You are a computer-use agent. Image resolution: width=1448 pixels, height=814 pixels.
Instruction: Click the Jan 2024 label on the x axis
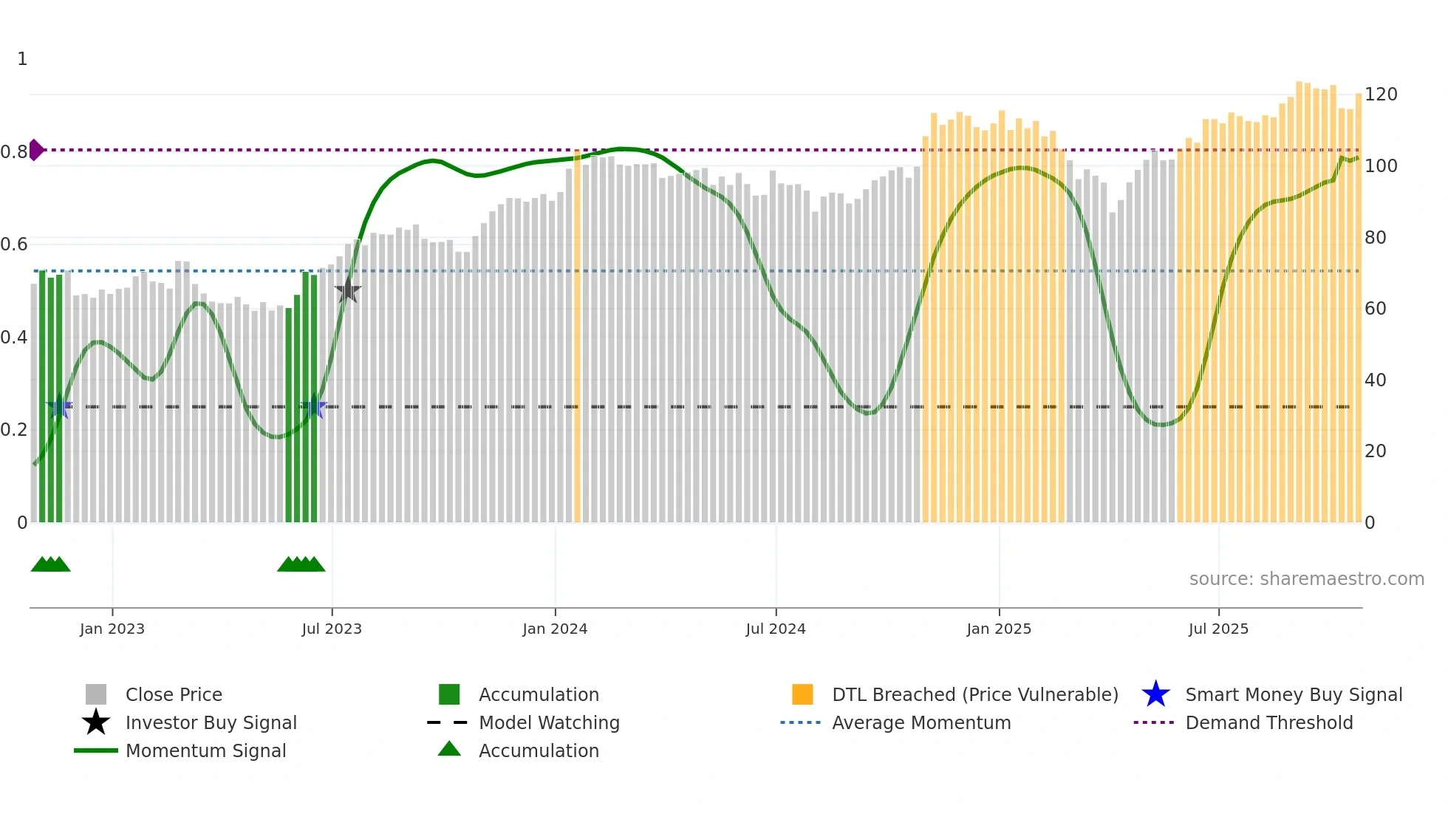[x=555, y=629]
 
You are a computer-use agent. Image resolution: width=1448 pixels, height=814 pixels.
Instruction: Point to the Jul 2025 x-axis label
[x=1218, y=629]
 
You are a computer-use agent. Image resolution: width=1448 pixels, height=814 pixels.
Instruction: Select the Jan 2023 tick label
[x=112, y=629]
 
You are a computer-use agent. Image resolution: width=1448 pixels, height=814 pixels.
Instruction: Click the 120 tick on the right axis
[x=1380, y=95]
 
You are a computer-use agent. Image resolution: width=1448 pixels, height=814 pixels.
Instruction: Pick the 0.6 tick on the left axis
[x=14, y=244]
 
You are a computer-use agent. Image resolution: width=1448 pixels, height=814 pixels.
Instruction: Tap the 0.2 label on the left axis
[x=14, y=430]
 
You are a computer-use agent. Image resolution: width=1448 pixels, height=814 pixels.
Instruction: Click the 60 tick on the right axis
[x=1375, y=309]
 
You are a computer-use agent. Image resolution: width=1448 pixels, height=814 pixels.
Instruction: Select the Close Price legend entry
[x=174, y=695]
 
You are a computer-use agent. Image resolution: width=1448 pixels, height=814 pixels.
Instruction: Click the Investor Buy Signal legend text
[x=211, y=723]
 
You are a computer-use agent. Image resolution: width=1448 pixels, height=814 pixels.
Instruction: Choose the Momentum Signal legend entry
[x=205, y=751]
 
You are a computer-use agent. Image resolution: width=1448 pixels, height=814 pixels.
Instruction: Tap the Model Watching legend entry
[x=549, y=723]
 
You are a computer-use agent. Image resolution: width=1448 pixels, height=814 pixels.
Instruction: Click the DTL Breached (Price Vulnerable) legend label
[x=975, y=695]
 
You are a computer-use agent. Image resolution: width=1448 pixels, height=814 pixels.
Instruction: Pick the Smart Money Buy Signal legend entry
[x=1294, y=695]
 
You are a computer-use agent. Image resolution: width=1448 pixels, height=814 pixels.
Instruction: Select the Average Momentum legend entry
[x=921, y=723]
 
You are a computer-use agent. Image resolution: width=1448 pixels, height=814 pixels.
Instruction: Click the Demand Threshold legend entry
[x=1269, y=723]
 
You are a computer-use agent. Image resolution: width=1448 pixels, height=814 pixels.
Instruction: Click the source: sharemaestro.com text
[x=1306, y=579]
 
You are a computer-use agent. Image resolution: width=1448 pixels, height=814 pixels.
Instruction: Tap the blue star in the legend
[x=1155, y=694]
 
